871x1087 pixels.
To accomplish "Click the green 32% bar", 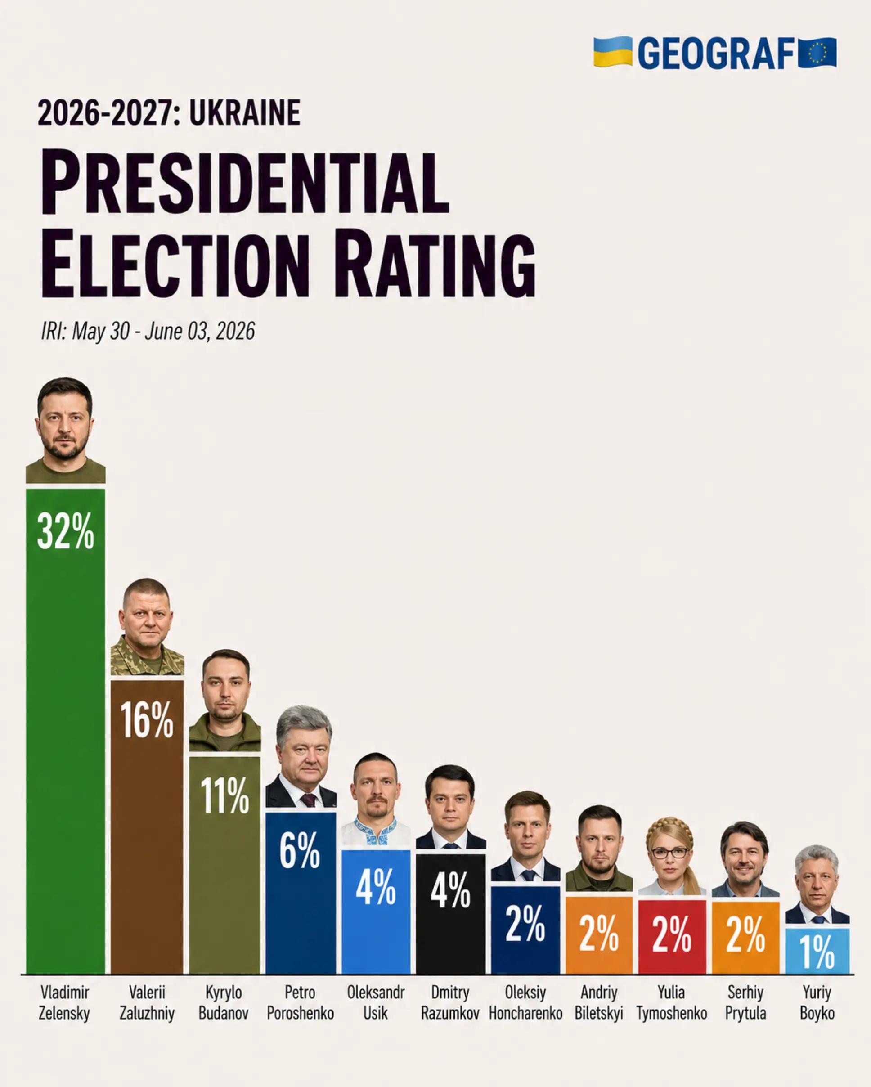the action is (66, 731).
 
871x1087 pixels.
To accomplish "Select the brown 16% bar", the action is (147, 827).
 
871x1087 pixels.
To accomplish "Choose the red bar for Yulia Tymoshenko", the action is (672, 937).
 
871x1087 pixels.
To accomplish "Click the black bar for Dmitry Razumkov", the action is (451, 914).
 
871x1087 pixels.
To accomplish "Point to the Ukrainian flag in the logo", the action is (612, 51).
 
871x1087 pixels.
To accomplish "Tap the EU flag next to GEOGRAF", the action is (817, 53).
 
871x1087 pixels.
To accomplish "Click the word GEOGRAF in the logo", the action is (716, 53).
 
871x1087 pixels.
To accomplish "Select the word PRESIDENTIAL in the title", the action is (244, 182).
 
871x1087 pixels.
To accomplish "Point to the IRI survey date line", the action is (148, 331).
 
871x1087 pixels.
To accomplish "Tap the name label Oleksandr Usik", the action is (376, 1003).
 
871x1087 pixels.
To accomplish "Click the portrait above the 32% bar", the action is (66, 430).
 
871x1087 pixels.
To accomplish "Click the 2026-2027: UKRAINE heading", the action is (169, 112).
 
